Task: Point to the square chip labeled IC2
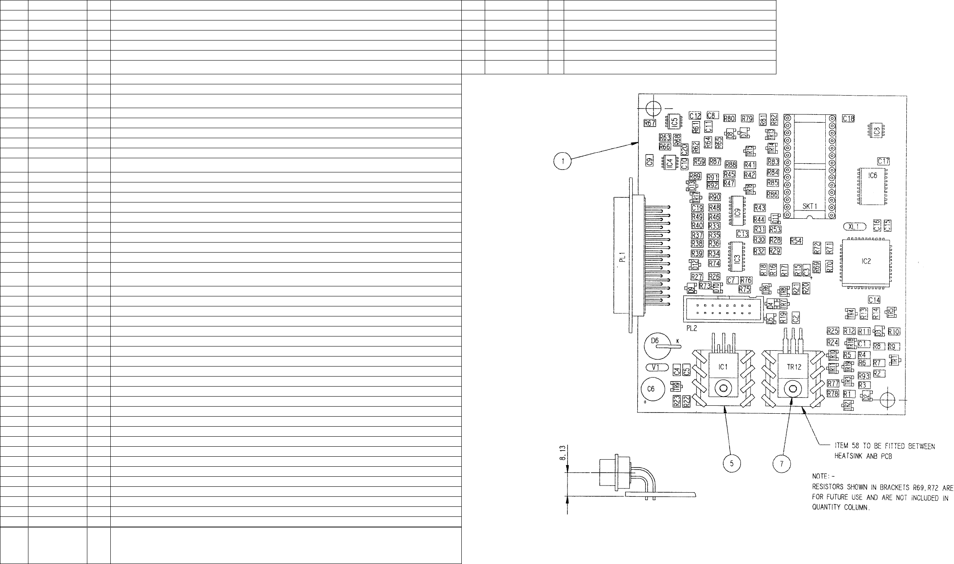point(866,262)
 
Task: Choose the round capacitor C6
point(651,389)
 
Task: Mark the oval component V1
point(655,368)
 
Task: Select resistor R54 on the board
point(796,241)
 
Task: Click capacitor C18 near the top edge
point(848,119)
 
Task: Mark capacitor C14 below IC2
point(874,300)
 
